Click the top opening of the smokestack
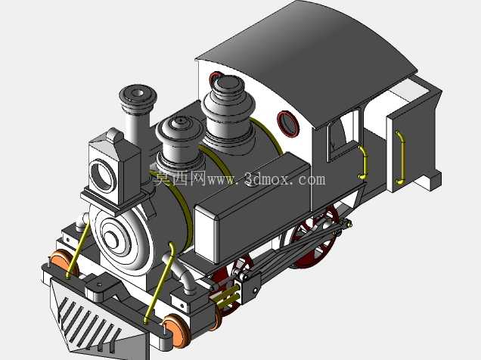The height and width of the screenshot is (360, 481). click(x=138, y=92)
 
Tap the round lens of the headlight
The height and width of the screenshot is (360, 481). click(x=102, y=176)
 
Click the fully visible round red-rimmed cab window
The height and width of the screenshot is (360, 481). click(x=288, y=123)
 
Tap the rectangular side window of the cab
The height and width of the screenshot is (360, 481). click(x=343, y=135)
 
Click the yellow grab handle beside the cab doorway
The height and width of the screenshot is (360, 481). click(x=364, y=163)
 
